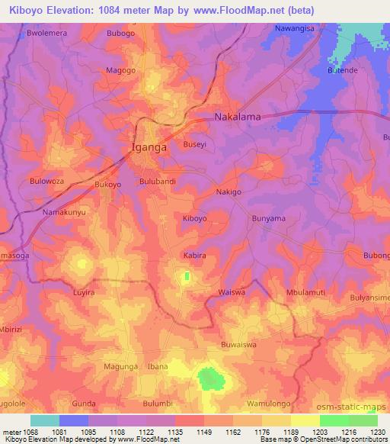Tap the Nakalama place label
pyautogui.click(x=238, y=117)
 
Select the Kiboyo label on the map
pyautogui.click(x=194, y=218)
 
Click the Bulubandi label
pyautogui.click(x=158, y=181)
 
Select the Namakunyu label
pyautogui.click(x=65, y=211)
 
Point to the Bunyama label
pyautogui.click(x=268, y=218)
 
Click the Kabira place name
pyautogui.click(x=193, y=256)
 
